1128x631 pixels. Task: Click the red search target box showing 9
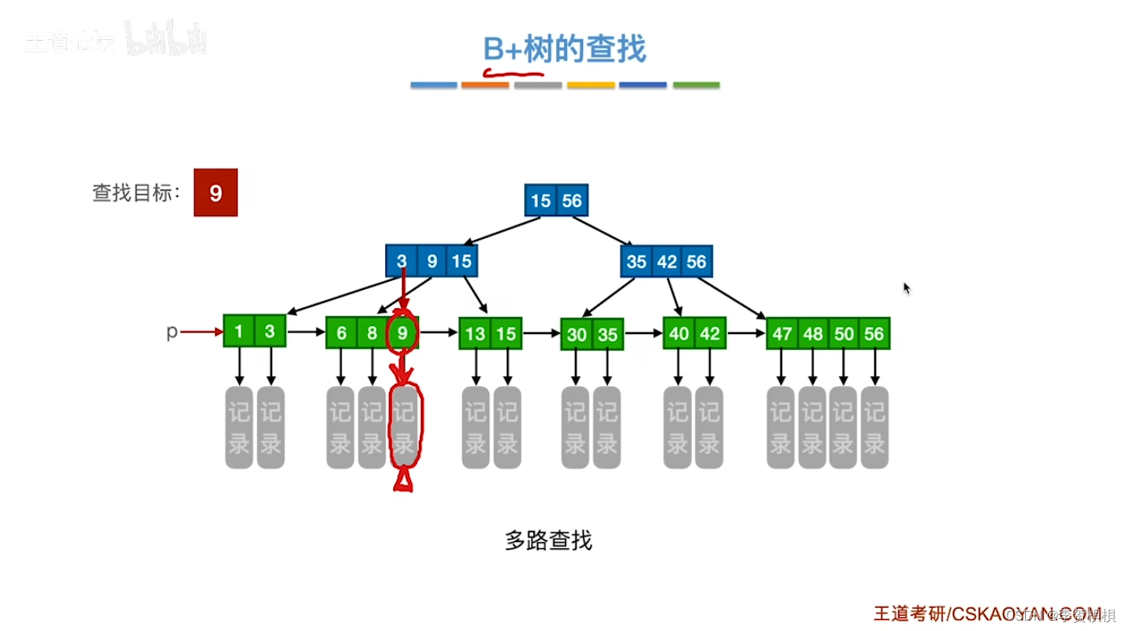pyautogui.click(x=215, y=193)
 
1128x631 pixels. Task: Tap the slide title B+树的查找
pyautogui.click(x=564, y=50)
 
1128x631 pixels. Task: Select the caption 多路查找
pyautogui.click(x=548, y=540)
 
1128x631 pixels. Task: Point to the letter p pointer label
pyautogui.click(x=171, y=332)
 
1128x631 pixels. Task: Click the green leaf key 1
pyautogui.click(x=239, y=331)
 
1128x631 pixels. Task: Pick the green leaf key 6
pyautogui.click(x=342, y=332)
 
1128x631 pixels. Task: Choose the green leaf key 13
pyautogui.click(x=475, y=333)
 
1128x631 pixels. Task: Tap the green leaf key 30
pyautogui.click(x=576, y=335)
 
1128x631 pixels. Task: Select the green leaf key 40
pyautogui.click(x=679, y=332)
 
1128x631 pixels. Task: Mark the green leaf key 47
pyautogui.click(x=782, y=334)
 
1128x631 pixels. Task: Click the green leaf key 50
pyautogui.click(x=843, y=334)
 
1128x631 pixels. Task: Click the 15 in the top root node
pyautogui.click(x=541, y=200)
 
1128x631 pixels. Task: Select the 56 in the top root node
pyautogui.click(x=572, y=200)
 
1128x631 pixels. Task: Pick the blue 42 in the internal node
pyautogui.click(x=666, y=262)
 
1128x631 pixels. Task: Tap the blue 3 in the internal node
pyautogui.click(x=401, y=261)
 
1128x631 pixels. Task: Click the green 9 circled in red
pyautogui.click(x=403, y=332)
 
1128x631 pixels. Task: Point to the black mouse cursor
pyautogui.click(x=906, y=288)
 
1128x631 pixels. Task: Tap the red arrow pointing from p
pyautogui.click(x=201, y=331)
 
